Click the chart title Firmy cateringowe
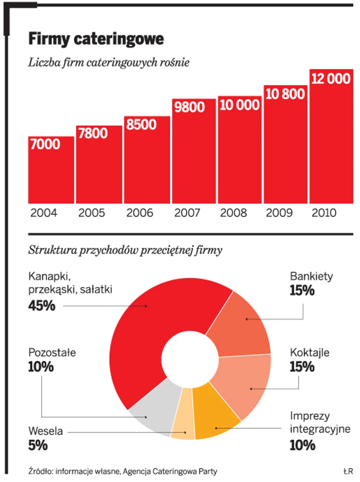96,39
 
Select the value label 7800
92,134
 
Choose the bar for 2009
285,148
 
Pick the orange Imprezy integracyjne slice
215,414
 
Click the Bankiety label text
311,276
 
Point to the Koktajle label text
309,352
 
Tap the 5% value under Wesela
38,446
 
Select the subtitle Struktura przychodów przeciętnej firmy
125,250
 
